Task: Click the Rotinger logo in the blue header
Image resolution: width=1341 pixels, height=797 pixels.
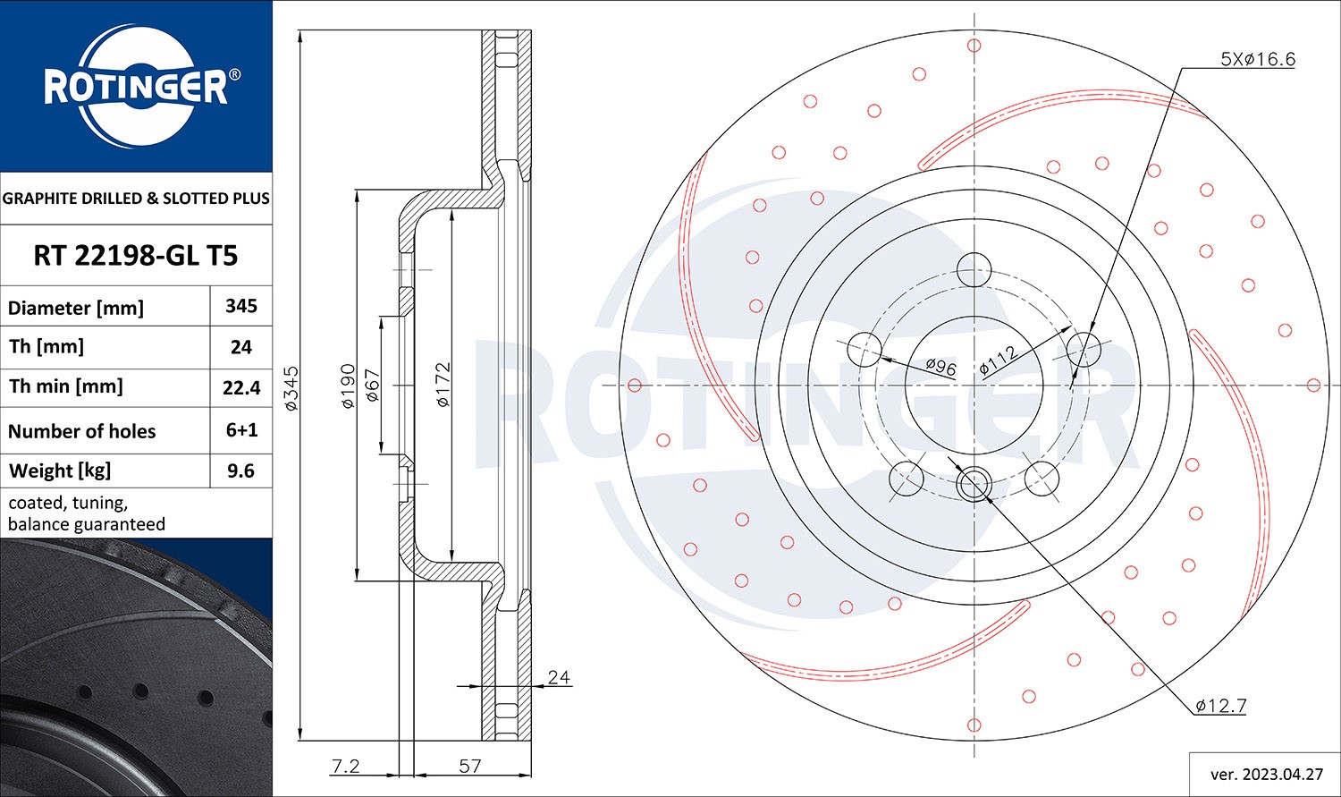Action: [x=136, y=88]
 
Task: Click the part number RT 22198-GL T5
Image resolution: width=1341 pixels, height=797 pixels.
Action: [x=136, y=256]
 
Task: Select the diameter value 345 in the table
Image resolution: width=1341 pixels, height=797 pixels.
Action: [x=241, y=306]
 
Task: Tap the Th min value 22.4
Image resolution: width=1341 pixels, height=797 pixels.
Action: [x=241, y=387]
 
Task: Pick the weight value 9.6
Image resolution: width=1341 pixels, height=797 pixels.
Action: [x=241, y=471]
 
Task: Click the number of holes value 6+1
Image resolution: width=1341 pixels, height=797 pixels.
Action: [x=241, y=430]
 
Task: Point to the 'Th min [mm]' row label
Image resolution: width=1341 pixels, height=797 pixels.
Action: [x=66, y=386]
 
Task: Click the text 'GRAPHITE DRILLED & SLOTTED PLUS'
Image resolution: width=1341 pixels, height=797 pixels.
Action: [x=136, y=199]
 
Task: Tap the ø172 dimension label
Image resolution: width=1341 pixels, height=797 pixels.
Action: [x=443, y=385]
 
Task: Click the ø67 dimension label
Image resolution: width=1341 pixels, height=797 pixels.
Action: [x=374, y=386]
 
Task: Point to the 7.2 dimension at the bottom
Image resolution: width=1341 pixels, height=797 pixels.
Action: [x=345, y=766]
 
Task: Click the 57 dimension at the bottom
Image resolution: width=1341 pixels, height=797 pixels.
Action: [x=470, y=766]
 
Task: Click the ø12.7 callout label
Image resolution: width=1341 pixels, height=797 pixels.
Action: [x=1221, y=706]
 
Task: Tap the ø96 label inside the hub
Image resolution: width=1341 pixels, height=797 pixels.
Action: [x=940, y=367]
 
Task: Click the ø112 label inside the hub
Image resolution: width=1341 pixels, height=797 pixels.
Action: [x=999, y=360]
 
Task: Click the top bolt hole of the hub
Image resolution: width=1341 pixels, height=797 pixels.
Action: [x=974, y=268]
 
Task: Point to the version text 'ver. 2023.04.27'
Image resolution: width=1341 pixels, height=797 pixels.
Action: [x=1264, y=774]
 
